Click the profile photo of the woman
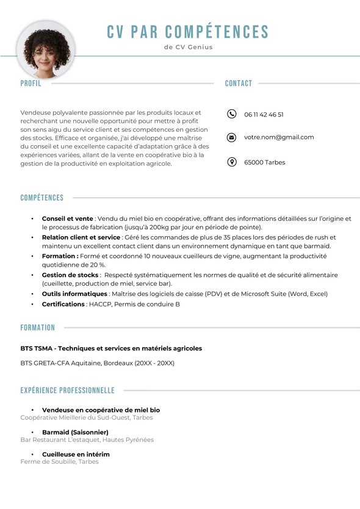[47, 50]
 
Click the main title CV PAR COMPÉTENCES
[188, 32]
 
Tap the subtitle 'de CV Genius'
[189, 47]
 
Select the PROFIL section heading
[31, 84]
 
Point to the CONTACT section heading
[239, 84]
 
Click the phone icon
[231, 114]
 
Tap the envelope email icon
[231, 137]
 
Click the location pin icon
[231, 162]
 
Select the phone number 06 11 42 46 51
[264, 115]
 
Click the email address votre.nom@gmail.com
[279, 137]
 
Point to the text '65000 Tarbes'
[264, 163]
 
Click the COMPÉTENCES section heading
[42, 198]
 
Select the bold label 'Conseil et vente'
[67, 218]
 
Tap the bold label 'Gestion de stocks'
[70, 275]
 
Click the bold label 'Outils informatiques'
[74, 294]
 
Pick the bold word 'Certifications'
[63, 304]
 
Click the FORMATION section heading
[38, 328]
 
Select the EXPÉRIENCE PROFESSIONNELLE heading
[68, 391]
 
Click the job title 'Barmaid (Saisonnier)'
[75, 432]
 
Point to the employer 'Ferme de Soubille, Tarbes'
[59, 462]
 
